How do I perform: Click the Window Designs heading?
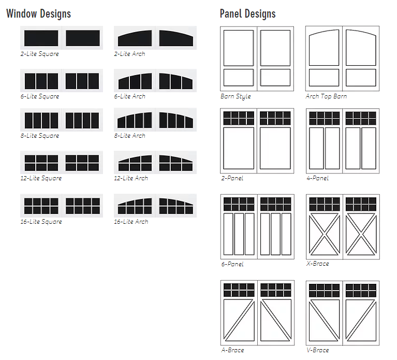point(38,13)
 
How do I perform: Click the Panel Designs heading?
point(247,13)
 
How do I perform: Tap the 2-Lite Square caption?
point(40,54)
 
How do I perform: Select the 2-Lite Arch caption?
point(129,54)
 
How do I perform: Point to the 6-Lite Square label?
point(40,96)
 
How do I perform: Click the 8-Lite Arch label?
point(129,136)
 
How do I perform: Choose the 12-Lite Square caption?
point(41,178)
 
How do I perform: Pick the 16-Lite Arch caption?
point(131,222)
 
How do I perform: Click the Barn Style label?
point(236,96)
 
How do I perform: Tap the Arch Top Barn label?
point(326,96)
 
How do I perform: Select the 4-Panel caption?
point(317,178)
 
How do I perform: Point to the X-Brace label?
point(317,264)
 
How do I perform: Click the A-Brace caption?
point(233,350)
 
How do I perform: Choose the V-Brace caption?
point(317,350)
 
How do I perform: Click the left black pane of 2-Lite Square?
point(41,38)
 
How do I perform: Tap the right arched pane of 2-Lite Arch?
point(176,38)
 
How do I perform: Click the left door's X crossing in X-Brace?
point(325,234)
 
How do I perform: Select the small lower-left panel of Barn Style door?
point(239,78)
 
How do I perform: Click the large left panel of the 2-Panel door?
point(239,148)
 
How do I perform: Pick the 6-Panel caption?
point(232,264)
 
